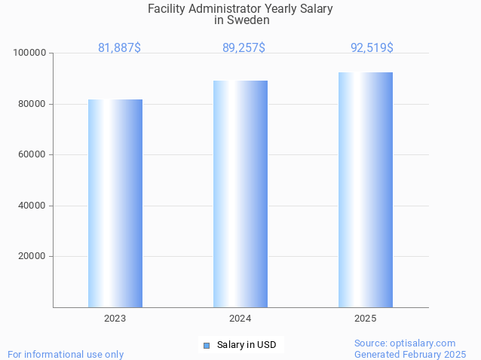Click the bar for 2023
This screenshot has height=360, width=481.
pos(115,203)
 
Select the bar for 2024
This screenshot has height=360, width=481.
pos(240,194)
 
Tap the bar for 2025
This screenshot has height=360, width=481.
pos(366,190)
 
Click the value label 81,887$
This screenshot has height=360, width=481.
pos(119,48)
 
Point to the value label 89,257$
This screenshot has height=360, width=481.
pos(244,48)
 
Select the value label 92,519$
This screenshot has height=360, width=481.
pos(372,48)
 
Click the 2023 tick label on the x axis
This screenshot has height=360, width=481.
pos(115,319)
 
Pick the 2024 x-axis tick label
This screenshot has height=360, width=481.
pos(240,319)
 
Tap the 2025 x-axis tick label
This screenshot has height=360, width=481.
pos(366,319)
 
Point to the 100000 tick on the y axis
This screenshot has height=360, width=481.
pos(30,53)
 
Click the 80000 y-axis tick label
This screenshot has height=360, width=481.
pos(32,104)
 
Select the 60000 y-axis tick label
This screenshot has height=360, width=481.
pos(32,154)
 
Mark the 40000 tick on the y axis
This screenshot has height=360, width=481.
pos(32,206)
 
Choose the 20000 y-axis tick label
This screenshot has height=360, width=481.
pos(32,256)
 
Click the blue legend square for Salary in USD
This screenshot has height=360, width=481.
pos(206,346)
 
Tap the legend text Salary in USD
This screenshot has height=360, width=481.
pos(247,346)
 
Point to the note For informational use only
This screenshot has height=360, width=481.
pos(66,354)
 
